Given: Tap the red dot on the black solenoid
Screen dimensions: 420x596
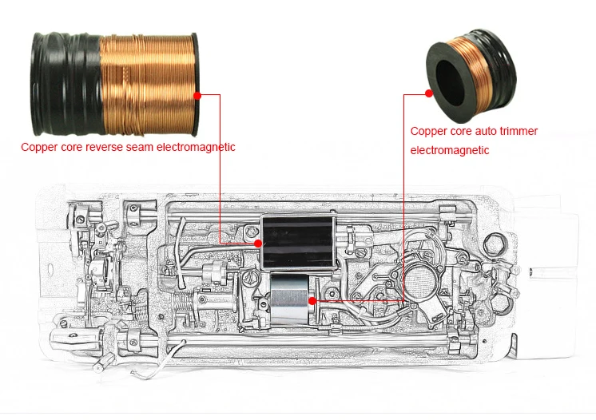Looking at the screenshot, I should [x=257, y=241].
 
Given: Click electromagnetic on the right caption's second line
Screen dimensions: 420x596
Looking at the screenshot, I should [x=449, y=150].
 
